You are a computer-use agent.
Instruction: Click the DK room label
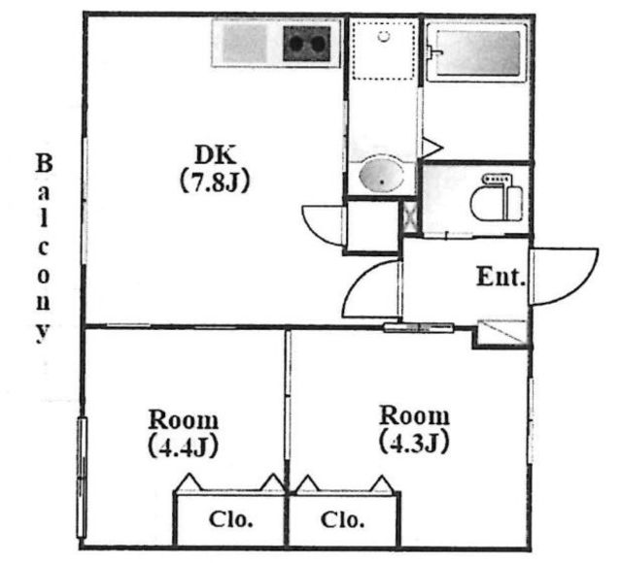(x=216, y=155)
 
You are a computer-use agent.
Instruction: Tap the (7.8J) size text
(x=215, y=182)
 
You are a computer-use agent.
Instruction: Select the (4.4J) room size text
(x=184, y=447)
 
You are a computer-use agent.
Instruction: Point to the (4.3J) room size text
(x=414, y=443)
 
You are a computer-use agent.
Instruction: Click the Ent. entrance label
(x=501, y=277)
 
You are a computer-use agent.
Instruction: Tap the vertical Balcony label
(x=44, y=248)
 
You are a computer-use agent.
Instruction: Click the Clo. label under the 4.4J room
(x=231, y=519)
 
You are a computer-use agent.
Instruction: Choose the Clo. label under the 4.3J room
(x=342, y=520)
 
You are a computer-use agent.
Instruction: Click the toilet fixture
(x=497, y=198)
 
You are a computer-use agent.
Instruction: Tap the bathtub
(x=477, y=52)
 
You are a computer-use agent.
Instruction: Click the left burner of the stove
(x=295, y=44)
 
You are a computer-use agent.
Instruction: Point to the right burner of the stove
(x=318, y=44)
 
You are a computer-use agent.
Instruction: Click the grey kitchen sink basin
(x=244, y=43)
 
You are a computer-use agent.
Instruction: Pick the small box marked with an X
(x=410, y=217)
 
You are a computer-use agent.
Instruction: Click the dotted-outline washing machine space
(x=384, y=50)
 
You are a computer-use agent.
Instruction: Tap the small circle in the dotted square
(x=384, y=37)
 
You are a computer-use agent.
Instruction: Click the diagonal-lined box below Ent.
(x=502, y=332)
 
